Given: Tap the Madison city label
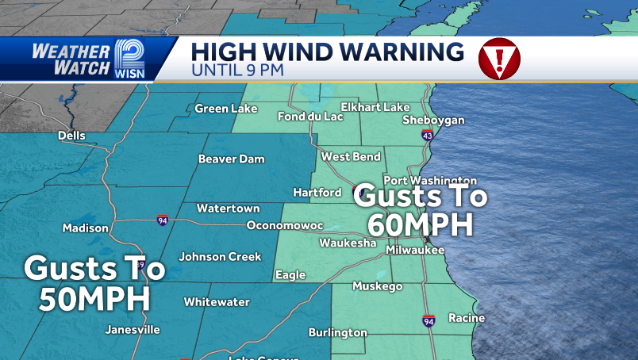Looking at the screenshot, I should click(86, 228).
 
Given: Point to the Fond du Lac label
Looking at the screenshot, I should click(310, 117).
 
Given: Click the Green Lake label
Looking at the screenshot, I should click(226, 109).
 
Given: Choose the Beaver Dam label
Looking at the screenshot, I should click(231, 159).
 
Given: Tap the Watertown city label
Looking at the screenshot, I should click(228, 209).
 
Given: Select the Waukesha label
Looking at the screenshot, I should click(348, 243).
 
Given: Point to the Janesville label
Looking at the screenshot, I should click(133, 330).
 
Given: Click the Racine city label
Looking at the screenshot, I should click(467, 317).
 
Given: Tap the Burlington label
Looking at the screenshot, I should click(338, 333).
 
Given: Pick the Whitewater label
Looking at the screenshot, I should click(217, 302).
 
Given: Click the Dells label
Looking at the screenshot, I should click(71, 136).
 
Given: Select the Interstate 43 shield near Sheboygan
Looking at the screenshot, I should click(428, 136).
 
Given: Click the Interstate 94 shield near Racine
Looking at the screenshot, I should click(429, 320).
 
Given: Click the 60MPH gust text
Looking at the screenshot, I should click(414, 224).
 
